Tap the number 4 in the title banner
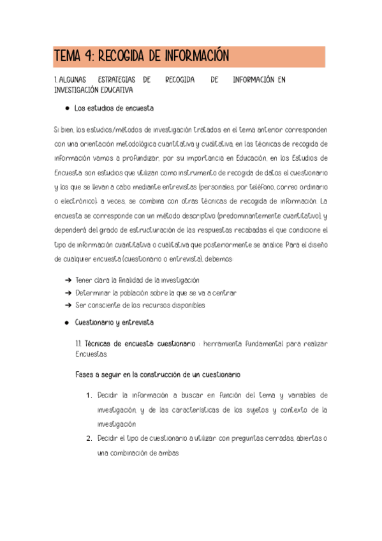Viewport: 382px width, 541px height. (85, 57)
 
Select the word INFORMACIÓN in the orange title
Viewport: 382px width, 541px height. (196, 57)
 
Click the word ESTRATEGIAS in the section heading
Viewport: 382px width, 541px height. (118, 80)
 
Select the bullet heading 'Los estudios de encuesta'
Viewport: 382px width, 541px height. (114, 108)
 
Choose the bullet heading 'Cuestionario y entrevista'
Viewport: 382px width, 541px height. (114, 323)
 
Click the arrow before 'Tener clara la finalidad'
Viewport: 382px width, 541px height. (68, 280)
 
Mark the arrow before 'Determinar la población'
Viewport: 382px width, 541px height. (68, 293)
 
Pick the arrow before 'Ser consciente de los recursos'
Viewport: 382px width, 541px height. (68, 306)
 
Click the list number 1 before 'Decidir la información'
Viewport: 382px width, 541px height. (89, 396)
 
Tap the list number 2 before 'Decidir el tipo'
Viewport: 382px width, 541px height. (89, 439)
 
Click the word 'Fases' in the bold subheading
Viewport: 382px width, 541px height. (85, 374)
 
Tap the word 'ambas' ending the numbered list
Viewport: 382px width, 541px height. (167, 453)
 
